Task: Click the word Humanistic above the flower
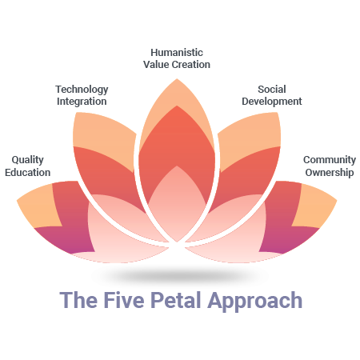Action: click(x=177, y=53)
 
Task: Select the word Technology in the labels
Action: click(x=82, y=90)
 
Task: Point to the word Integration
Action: click(x=82, y=102)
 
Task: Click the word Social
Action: click(x=272, y=90)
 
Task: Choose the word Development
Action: click(x=272, y=102)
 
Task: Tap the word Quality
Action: click(x=28, y=160)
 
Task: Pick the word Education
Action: click(x=28, y=173)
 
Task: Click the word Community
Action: click(x=330, y=160)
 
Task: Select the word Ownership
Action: click(x=330, y=173)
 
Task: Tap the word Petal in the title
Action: click(x=176, y=300)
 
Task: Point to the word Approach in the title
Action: click(x=255, y=302)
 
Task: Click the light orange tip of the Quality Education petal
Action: click(x=38, y=206)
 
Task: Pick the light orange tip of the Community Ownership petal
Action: click(x=314, y=206)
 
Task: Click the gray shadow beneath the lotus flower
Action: click(x=179, y=274)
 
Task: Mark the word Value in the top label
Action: click(x=156, y=65)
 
